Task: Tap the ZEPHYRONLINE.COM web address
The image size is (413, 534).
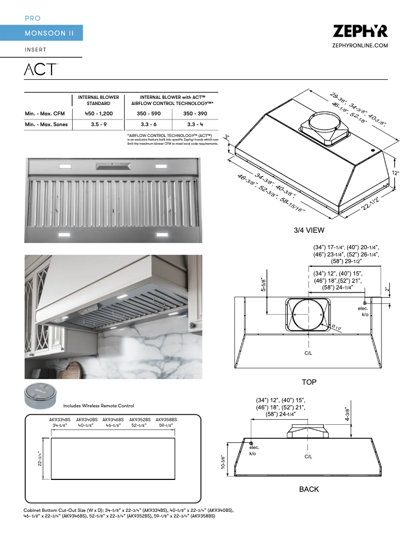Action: pyautogui.click(x=360, y=46)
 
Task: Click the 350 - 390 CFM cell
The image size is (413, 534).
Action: pyautogui.click(x=195, y=113)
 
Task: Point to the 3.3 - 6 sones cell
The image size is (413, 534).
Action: pyautogui.click(x=148, y=125)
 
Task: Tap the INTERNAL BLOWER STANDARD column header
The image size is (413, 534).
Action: pyautogui.click(x=98, y=100)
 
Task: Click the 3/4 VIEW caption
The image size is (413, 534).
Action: pyautogui.click(x=309, y=230)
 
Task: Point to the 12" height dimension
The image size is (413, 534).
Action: pyautogui.click(x=395, y=174)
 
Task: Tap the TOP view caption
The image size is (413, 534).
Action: pyautogui.click(x=309, y=382)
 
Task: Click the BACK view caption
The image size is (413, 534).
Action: pyautogui.click(x=309, y=489)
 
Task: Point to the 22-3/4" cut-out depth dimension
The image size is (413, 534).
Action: pyautogui.click(x=39, y=458)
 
